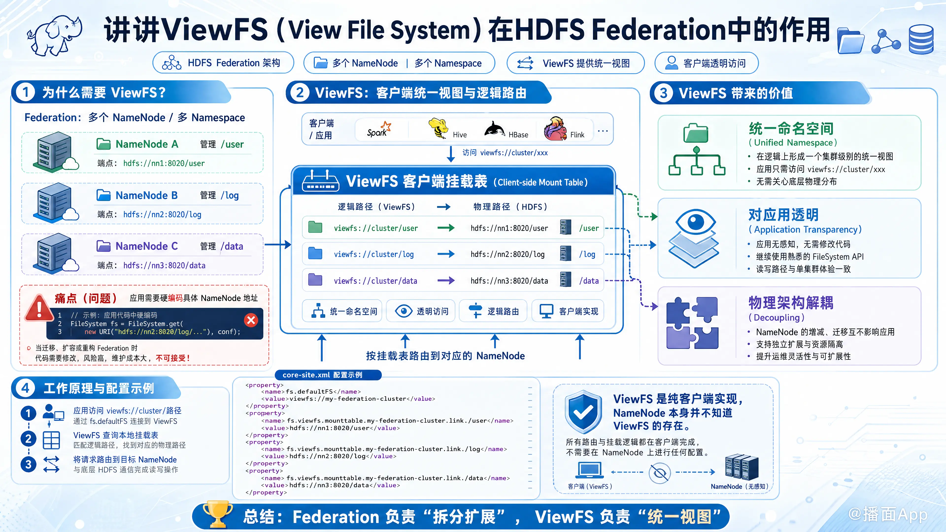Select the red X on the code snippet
[x=251, y=320]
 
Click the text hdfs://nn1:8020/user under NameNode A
[x=164, y=163]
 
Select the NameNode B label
[x=147, y=195]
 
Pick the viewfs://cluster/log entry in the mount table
[x=374, y=254]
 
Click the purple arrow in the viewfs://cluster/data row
[x=446, y=281]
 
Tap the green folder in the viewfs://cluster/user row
[x=315, y=227]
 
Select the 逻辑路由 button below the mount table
[x=493, y=311]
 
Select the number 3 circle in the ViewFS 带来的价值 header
[x=663, y=93]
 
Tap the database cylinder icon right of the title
[x=921, y=39]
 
